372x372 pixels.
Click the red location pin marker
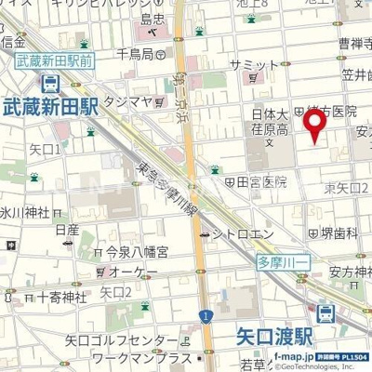point(316,125)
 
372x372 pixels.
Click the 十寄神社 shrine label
point(60,297)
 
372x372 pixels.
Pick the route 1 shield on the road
point(202,316)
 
